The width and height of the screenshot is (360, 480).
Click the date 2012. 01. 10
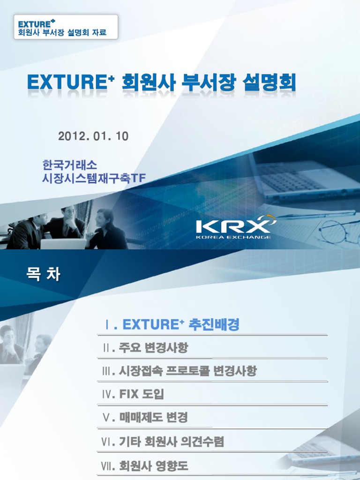tap(93, 136)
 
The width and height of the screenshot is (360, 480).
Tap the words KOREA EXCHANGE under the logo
tap(233, 237)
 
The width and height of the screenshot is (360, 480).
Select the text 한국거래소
tap(69, 165)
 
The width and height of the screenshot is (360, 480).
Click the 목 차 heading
tap(43, 274)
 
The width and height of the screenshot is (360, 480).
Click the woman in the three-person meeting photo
tap(107, 230)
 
